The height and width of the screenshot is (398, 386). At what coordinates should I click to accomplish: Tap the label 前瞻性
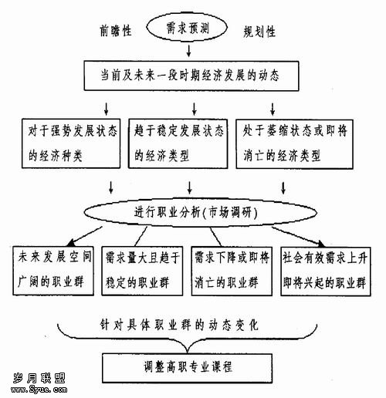116,31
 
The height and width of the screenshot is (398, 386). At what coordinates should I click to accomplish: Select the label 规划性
259,32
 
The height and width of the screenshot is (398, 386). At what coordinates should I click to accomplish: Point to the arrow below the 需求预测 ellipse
189,51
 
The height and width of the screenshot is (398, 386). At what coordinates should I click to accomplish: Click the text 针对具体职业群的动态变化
179,325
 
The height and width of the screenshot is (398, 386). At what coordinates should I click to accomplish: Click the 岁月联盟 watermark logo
39,378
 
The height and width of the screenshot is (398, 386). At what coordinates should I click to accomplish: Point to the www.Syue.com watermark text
39,390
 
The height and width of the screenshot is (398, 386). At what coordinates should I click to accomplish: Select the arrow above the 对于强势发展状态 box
107,109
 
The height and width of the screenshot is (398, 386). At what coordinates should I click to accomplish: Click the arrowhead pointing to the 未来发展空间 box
70,243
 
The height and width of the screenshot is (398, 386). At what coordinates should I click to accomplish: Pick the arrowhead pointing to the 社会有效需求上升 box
320,244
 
